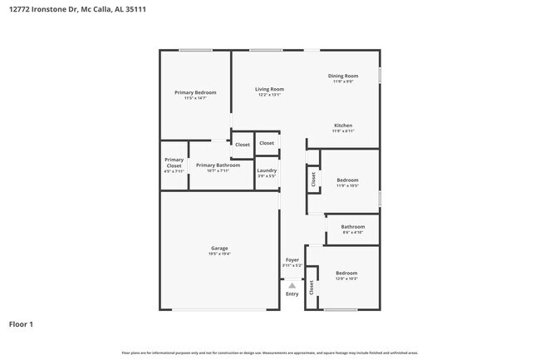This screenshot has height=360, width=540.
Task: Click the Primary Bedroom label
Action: point(195,92)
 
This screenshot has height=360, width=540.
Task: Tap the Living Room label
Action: point(269,89)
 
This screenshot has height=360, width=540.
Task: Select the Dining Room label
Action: point(343,76)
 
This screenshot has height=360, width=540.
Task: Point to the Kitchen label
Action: point(343,126)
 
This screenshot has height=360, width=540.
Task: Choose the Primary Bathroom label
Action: point(218,165)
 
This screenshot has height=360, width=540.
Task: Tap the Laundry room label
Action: point(267,170)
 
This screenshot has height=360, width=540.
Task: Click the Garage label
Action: point(219,249)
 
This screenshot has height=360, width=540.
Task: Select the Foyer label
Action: point(292,260)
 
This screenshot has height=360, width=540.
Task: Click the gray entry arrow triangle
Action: point(292,285)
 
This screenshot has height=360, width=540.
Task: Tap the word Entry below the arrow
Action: point(292,293)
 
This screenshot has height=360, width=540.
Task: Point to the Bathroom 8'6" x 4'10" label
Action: point(353,226)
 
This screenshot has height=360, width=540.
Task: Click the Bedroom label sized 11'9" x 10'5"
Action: point(347,180)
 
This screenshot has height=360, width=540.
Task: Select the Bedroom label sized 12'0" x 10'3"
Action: point(346,273)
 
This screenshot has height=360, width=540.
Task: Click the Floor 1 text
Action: point(21,324)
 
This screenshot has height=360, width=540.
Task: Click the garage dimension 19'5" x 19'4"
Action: point(219,254)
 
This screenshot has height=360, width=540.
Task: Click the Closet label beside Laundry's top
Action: point(267,143)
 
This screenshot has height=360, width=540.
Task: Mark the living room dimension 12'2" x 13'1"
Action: point(269,95)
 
